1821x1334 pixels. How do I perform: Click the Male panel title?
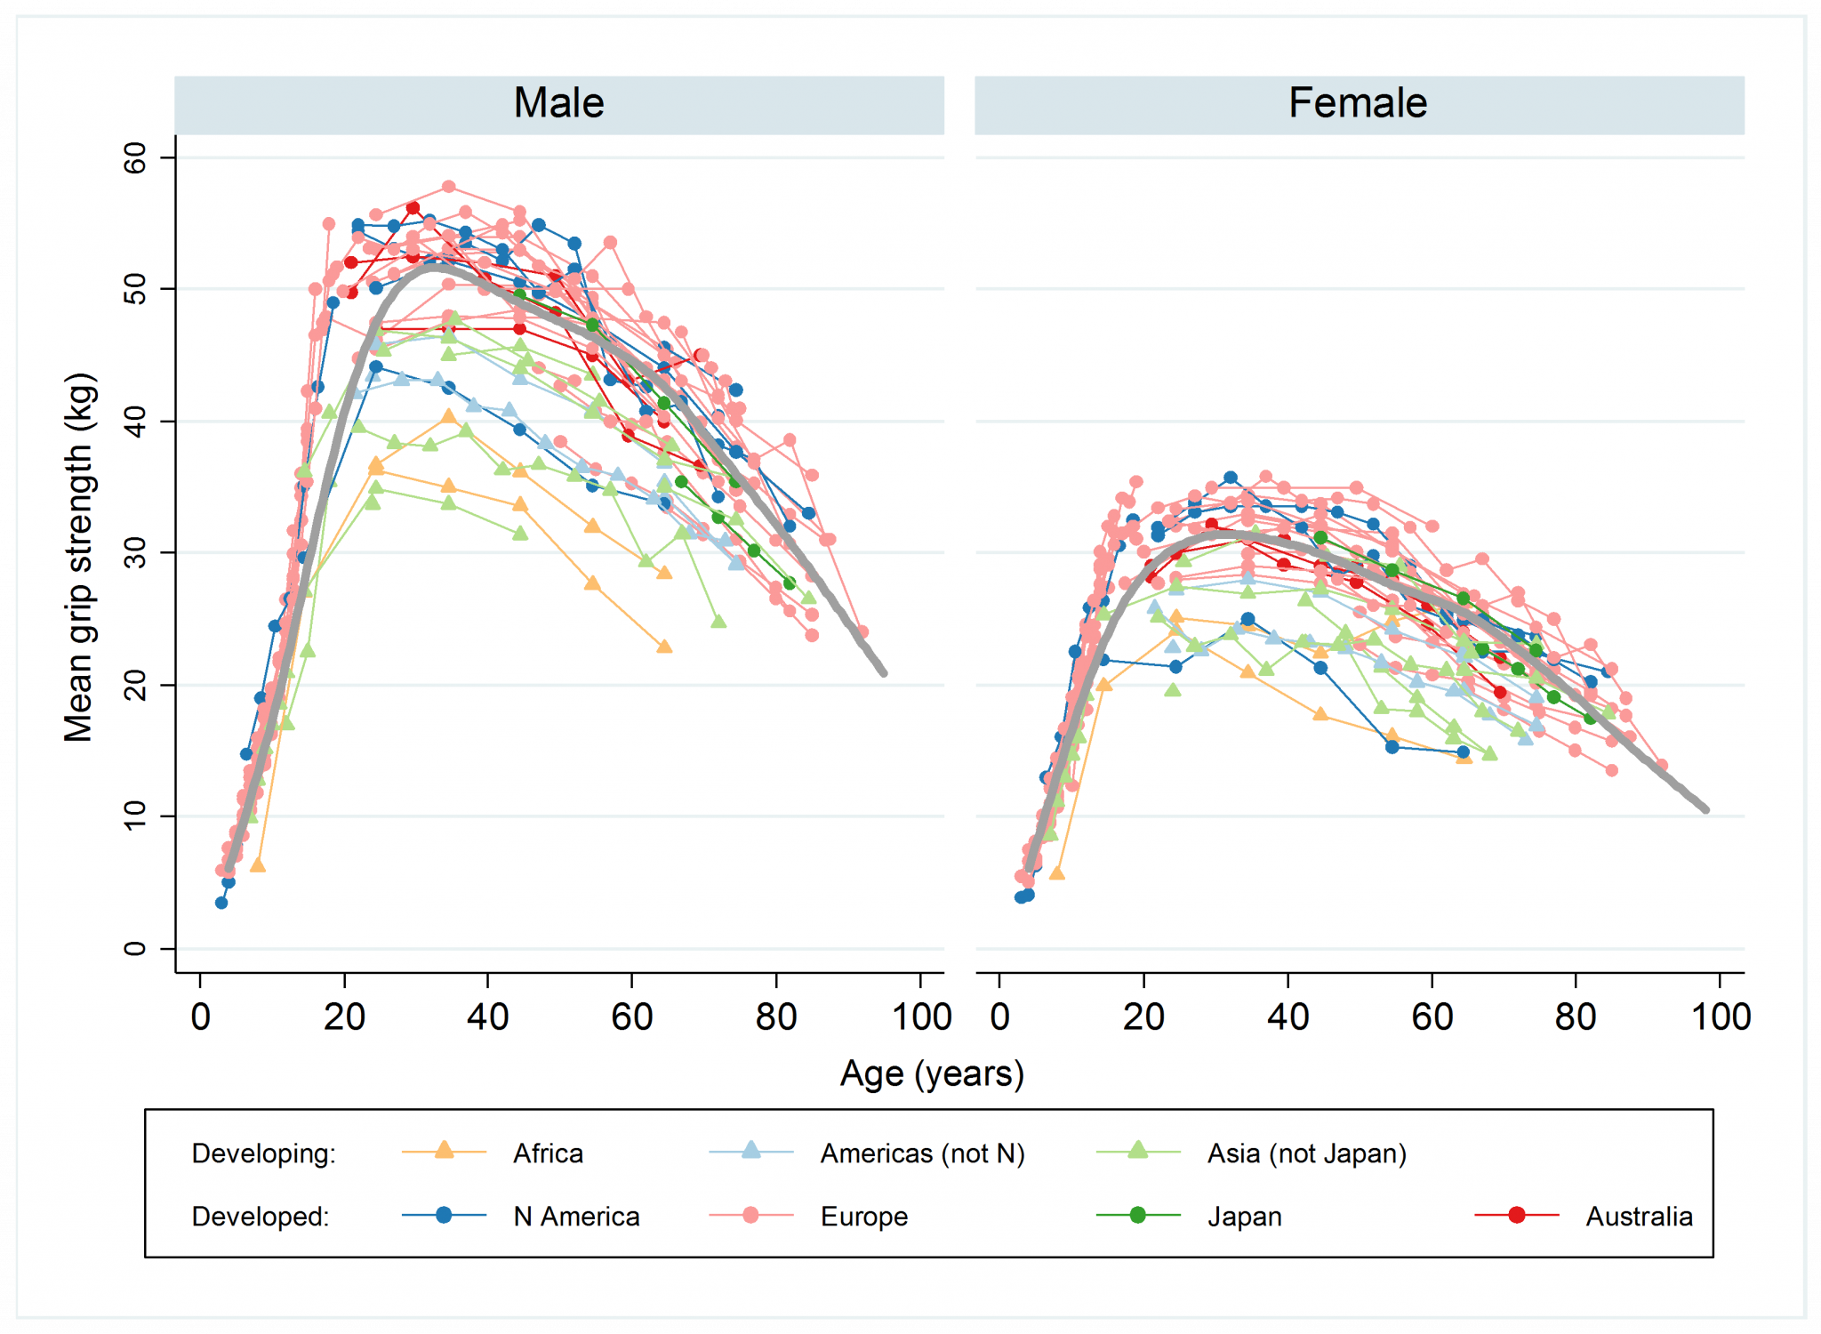tap(558, 103)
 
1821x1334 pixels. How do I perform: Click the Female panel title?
tap(1358, 103)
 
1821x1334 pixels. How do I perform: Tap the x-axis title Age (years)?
tap(932, 1073)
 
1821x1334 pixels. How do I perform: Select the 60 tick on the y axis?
tap(134, 157)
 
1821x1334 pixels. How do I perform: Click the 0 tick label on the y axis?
tap(134, 948)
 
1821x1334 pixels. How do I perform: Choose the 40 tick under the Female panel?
tap(1288, 1017)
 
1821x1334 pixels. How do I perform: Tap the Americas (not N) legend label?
tap(922, 1153)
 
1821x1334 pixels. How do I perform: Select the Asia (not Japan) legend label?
tap(1306, 1153)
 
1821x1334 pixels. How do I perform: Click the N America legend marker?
tap(444, 1215)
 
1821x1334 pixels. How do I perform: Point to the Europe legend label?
tap(863, 1217)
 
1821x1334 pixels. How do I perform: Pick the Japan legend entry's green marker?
tap(1137, 1215)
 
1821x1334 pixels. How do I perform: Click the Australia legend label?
tap(1639, 1217)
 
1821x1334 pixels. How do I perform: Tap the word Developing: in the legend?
tap(264, 1153)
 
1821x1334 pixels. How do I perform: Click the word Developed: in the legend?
tap(261, 1217)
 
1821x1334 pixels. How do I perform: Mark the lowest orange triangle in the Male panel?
tap(258, 864)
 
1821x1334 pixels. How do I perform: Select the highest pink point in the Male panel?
tap(448, 187)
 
